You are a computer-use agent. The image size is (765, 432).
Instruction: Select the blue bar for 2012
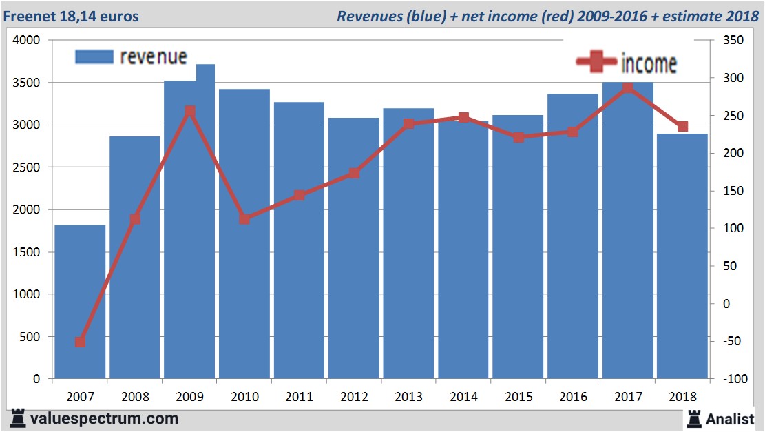(x=353, y=248)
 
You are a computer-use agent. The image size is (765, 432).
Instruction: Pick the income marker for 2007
(x=80, y=342)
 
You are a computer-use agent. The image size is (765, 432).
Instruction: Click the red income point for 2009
(x=190, y=111)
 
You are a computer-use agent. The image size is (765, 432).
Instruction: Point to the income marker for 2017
(x=627, y=88)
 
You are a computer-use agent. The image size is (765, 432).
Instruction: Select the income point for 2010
(x=244, y=219)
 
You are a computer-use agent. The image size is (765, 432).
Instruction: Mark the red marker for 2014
(x=463, y=118)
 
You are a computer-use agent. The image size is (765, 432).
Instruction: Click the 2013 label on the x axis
(x=408, y=397)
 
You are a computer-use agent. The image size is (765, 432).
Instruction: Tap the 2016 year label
(x=573, y=397)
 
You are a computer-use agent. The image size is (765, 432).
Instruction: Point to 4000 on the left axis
(x=28, y=41)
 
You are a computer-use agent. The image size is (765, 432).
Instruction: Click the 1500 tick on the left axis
(x=28, y=252)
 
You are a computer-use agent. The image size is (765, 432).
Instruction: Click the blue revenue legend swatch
(x=94, y=56)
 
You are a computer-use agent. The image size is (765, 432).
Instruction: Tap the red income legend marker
(x=596, y=62)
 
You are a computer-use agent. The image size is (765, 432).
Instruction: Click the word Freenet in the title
(x=34, y=16)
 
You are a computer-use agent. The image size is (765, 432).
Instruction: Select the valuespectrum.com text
(x=104, y=418)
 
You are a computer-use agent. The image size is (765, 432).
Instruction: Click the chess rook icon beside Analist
(x=693, y=418)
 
